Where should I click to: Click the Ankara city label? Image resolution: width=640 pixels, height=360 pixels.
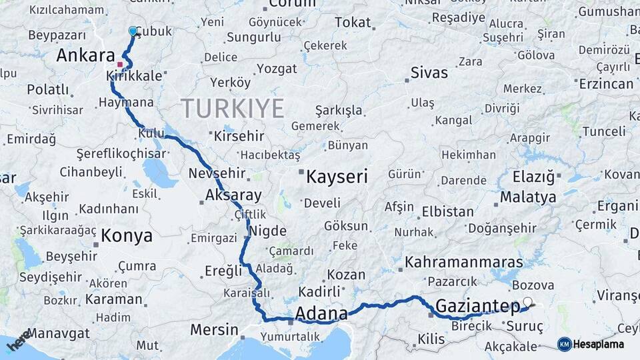point(85,55)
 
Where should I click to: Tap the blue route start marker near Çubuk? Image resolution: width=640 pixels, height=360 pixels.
point(133,31)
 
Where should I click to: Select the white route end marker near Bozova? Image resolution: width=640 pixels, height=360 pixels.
point(528,302)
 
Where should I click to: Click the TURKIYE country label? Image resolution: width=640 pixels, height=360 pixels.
point(232,108)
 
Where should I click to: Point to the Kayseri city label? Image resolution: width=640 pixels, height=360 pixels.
point(337,177)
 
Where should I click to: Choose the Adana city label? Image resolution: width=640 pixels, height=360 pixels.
point(321,313)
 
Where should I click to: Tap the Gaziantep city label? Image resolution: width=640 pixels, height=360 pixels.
point(477,307)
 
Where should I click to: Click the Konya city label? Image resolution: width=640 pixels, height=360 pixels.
point(127,235)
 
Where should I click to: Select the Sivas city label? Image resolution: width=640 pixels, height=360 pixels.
point(429,72)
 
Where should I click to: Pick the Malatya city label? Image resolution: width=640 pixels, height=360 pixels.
point(527,197)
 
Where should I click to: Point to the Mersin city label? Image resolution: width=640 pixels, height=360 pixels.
point(214,329)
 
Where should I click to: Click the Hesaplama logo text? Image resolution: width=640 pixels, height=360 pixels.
point(599,344)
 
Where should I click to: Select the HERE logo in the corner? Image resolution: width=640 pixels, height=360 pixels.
point(19,340)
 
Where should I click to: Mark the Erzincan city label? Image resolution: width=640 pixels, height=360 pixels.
point(606,83)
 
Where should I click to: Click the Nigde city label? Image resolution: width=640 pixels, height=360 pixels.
point(269,232)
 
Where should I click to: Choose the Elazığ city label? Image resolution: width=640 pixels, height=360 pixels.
point(533,177)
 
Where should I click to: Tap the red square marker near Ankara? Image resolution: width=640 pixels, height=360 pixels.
point(120,64)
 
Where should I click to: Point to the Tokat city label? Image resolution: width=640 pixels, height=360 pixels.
point(353,23)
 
